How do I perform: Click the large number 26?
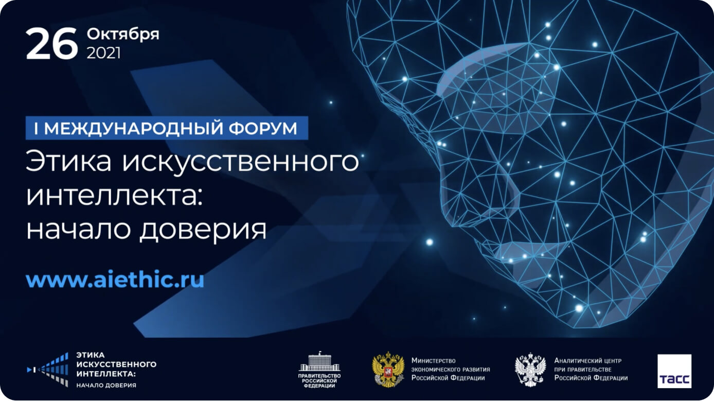coord(51,43)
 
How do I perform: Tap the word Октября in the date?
coord(123,34)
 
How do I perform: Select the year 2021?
coord(104,53)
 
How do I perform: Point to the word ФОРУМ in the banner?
coord(263,128)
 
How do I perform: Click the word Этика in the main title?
coord(68,162)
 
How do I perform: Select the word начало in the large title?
coord(78,230)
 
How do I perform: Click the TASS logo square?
coord(674,371)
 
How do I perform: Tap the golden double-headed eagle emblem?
coord(388,370)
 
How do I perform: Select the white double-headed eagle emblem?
coord(530,370)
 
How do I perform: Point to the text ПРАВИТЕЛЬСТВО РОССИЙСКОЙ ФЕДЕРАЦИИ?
coord(319,380)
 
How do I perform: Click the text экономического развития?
coord(451,370)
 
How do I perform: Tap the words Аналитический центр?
coord(588,361)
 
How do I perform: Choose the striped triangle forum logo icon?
coord(48,370)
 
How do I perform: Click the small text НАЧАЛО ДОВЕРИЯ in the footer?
coord(106,386)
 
